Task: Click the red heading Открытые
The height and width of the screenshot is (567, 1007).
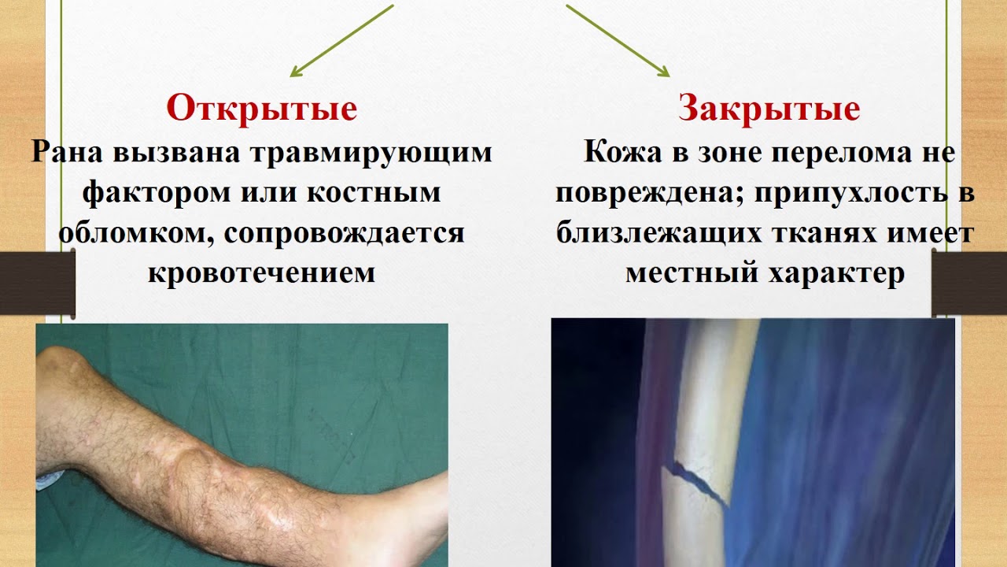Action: coord(261,109)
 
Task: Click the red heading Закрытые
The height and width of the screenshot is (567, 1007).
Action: coord(769,109)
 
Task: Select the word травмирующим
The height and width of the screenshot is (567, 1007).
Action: coord(370,151)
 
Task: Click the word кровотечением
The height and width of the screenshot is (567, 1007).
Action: coord(261,273)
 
